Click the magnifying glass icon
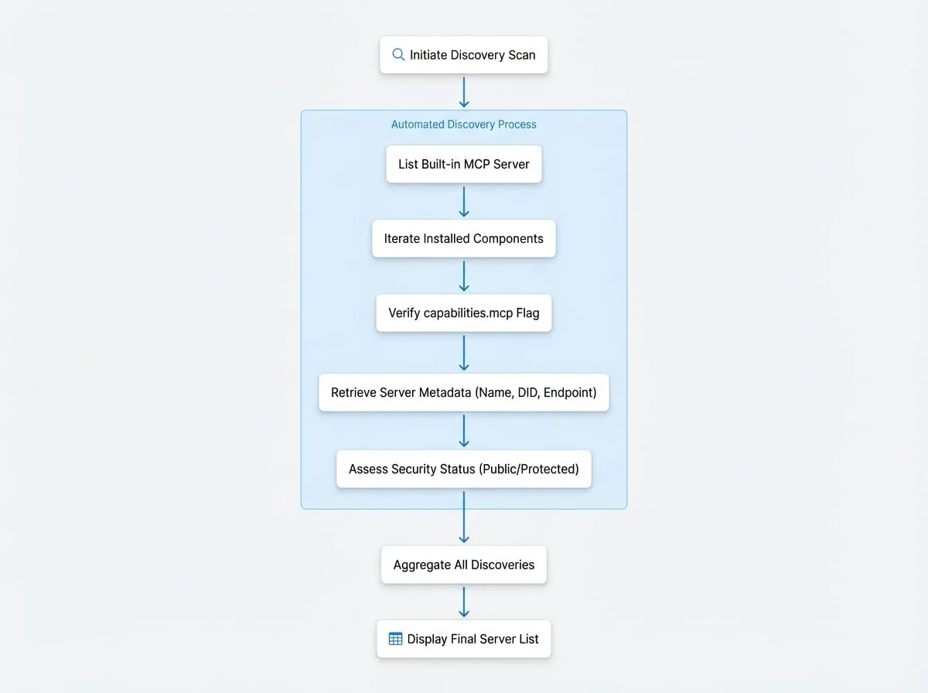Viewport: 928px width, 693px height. pyautogui.click(x=398, y=55)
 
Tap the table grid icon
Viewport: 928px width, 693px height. pyautogui.click(x=395, y=638)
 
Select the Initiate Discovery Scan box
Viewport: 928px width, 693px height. pyautogui.click(x=464, y=55)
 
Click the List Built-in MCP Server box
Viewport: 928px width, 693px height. pyautogui.click(x=464, y=164)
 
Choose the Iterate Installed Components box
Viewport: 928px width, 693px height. pyautogui.click(x=464, y=238)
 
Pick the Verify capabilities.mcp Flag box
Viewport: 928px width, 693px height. pyautogui.click(x=464, y=313)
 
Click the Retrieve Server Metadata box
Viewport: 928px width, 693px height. pyautogui.click(x=464, y=392)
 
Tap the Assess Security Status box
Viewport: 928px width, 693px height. pyautogui.click(x=464, y=469)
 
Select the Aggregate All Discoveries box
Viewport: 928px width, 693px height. pyautogui.click(x=464, y=565)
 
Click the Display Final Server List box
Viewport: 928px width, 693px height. pyautogui.click(x=464, y=639)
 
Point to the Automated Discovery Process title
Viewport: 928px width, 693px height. pyautogui.click(x=464, y=125)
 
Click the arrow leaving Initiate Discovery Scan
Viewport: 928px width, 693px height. pyautogui.click(x=464, y=92)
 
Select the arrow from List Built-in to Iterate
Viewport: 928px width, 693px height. pyautogui.click(x=464, y=202)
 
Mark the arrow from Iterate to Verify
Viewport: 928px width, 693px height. pyautogui.click(x=464, y=276)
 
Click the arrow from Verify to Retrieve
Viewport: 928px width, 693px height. pyautogui.click(x=464, y=353)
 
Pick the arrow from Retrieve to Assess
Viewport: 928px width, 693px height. pyautogui.click(x=464, y=431)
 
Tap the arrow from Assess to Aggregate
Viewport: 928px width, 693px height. pyautogui.click(x=464, y=517)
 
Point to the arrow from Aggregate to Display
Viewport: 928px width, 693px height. pyautogui.click(x=464, y=602)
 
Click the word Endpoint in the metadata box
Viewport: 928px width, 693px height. pyautogui.click(x=568, y=393)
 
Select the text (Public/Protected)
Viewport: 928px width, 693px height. pyautogui.click(x=529, y=469)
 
